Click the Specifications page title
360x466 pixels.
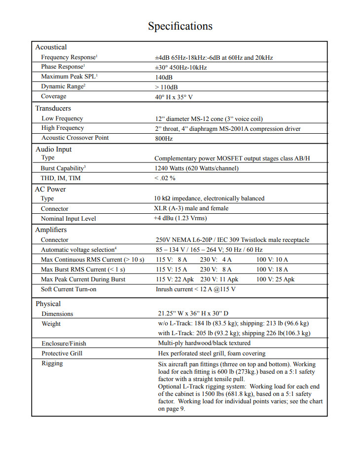click(x=180, y=26)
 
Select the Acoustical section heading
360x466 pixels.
click(x=51, y=47)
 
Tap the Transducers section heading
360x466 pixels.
click(x=53, y=108)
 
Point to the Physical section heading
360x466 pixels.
click(x=48, y=304)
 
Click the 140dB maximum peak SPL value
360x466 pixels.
click(x=164, y=78)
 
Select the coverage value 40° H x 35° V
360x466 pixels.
click(x=174, y=97)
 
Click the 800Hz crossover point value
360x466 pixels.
click(x=163, y=139)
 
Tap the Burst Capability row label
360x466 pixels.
click(x=63, y=168)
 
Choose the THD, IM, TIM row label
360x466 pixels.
click(x=61, y=178)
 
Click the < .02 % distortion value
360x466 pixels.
click(x=165, y=178)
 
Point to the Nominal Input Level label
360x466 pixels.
click(x=68, y=219)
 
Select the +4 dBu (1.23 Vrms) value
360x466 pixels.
click(x=180, y=218)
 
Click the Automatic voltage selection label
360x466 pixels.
click(x=78, y=250)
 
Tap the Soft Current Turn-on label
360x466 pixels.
click(x=69, y=289)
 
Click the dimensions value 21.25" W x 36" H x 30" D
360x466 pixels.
click(x=193, y=314)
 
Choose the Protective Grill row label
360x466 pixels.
click(x=62, y=353)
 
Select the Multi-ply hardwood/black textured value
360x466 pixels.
click(x=204, y=343)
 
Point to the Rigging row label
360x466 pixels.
click(x=52, y=363)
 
